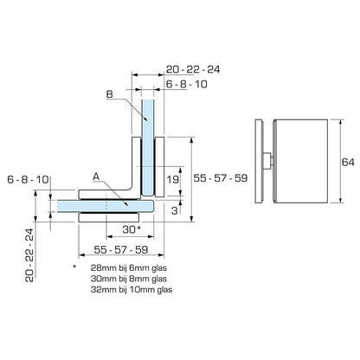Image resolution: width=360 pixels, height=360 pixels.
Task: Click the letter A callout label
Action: point(97,173)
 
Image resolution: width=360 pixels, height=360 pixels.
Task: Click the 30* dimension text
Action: point(130,229)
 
